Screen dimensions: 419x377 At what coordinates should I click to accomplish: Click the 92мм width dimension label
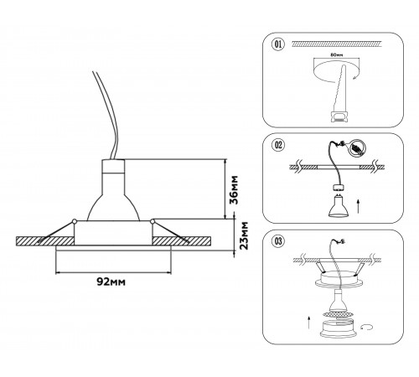tap(111, 281)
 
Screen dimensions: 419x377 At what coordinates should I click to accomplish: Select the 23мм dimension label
tap(242, 235)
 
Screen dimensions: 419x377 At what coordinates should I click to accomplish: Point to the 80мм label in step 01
tap(337, 55)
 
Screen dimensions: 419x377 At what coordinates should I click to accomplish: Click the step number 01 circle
tap(279, 44)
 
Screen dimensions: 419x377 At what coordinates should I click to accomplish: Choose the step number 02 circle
tap(279, 145)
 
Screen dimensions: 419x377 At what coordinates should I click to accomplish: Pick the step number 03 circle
tap(279, 240)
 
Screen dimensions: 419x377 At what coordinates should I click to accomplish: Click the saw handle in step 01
tap(339, 116)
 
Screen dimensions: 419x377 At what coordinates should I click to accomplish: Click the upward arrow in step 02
tap(359, 206)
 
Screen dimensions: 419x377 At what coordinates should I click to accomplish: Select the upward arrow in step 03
tap(308, 323)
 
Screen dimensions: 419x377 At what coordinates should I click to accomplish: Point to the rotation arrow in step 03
tap(367, 327)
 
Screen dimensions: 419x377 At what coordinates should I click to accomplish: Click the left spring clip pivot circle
tap(75, 221)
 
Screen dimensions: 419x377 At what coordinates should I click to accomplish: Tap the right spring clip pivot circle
tap(153, 221)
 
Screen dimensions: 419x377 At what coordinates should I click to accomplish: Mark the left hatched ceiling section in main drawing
tap(45, 241)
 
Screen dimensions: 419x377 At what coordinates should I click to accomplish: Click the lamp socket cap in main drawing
tap(113, 166)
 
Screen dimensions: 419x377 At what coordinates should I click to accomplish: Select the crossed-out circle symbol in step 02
tap(356, 147)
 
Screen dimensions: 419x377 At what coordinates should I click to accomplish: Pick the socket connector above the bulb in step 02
tap(339, 188)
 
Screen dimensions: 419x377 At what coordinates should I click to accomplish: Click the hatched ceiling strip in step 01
tap(337, 44)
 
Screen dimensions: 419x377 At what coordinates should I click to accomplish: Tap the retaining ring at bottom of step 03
tap(338, 328)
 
